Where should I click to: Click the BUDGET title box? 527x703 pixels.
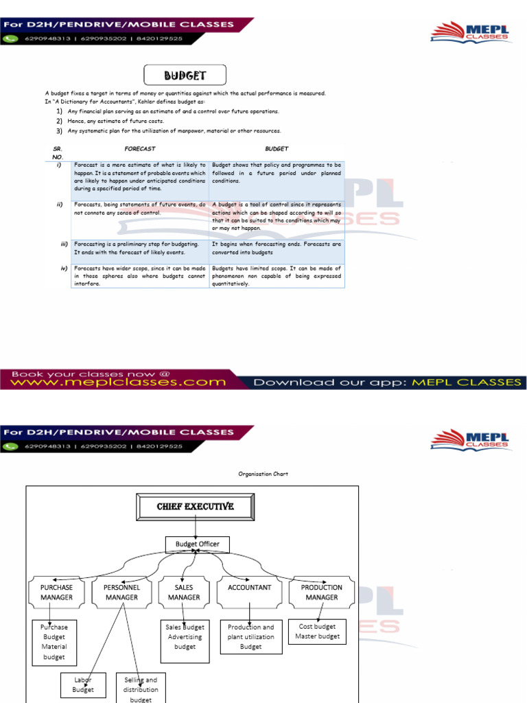(x=185, y=75)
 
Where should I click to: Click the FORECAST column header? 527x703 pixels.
(x=140, y=148)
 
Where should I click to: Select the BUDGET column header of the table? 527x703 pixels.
(x=277, y=148)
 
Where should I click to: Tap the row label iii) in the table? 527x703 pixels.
(x=63, y=243)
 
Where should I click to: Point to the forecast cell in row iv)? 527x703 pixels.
(x=140, y=275)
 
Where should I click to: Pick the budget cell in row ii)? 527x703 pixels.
(x=277, y=216)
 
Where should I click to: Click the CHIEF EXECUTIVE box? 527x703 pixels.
(x=196, y=507)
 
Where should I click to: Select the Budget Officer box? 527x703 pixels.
(x=198, y=544)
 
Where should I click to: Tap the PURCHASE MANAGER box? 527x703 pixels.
(x=56, y=592)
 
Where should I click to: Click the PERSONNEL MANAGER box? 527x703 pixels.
(x=121, y=592)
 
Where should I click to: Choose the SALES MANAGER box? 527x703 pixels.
(x=184, y=592)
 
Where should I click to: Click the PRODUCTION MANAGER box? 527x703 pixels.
(x=321, y=592)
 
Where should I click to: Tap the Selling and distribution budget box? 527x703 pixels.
(x=141, y=689)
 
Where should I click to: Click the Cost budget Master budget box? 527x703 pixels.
(x=318, y=632)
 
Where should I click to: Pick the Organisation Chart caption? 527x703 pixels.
(x=263, y=474)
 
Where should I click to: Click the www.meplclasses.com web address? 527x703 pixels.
(x=117, y=381)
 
